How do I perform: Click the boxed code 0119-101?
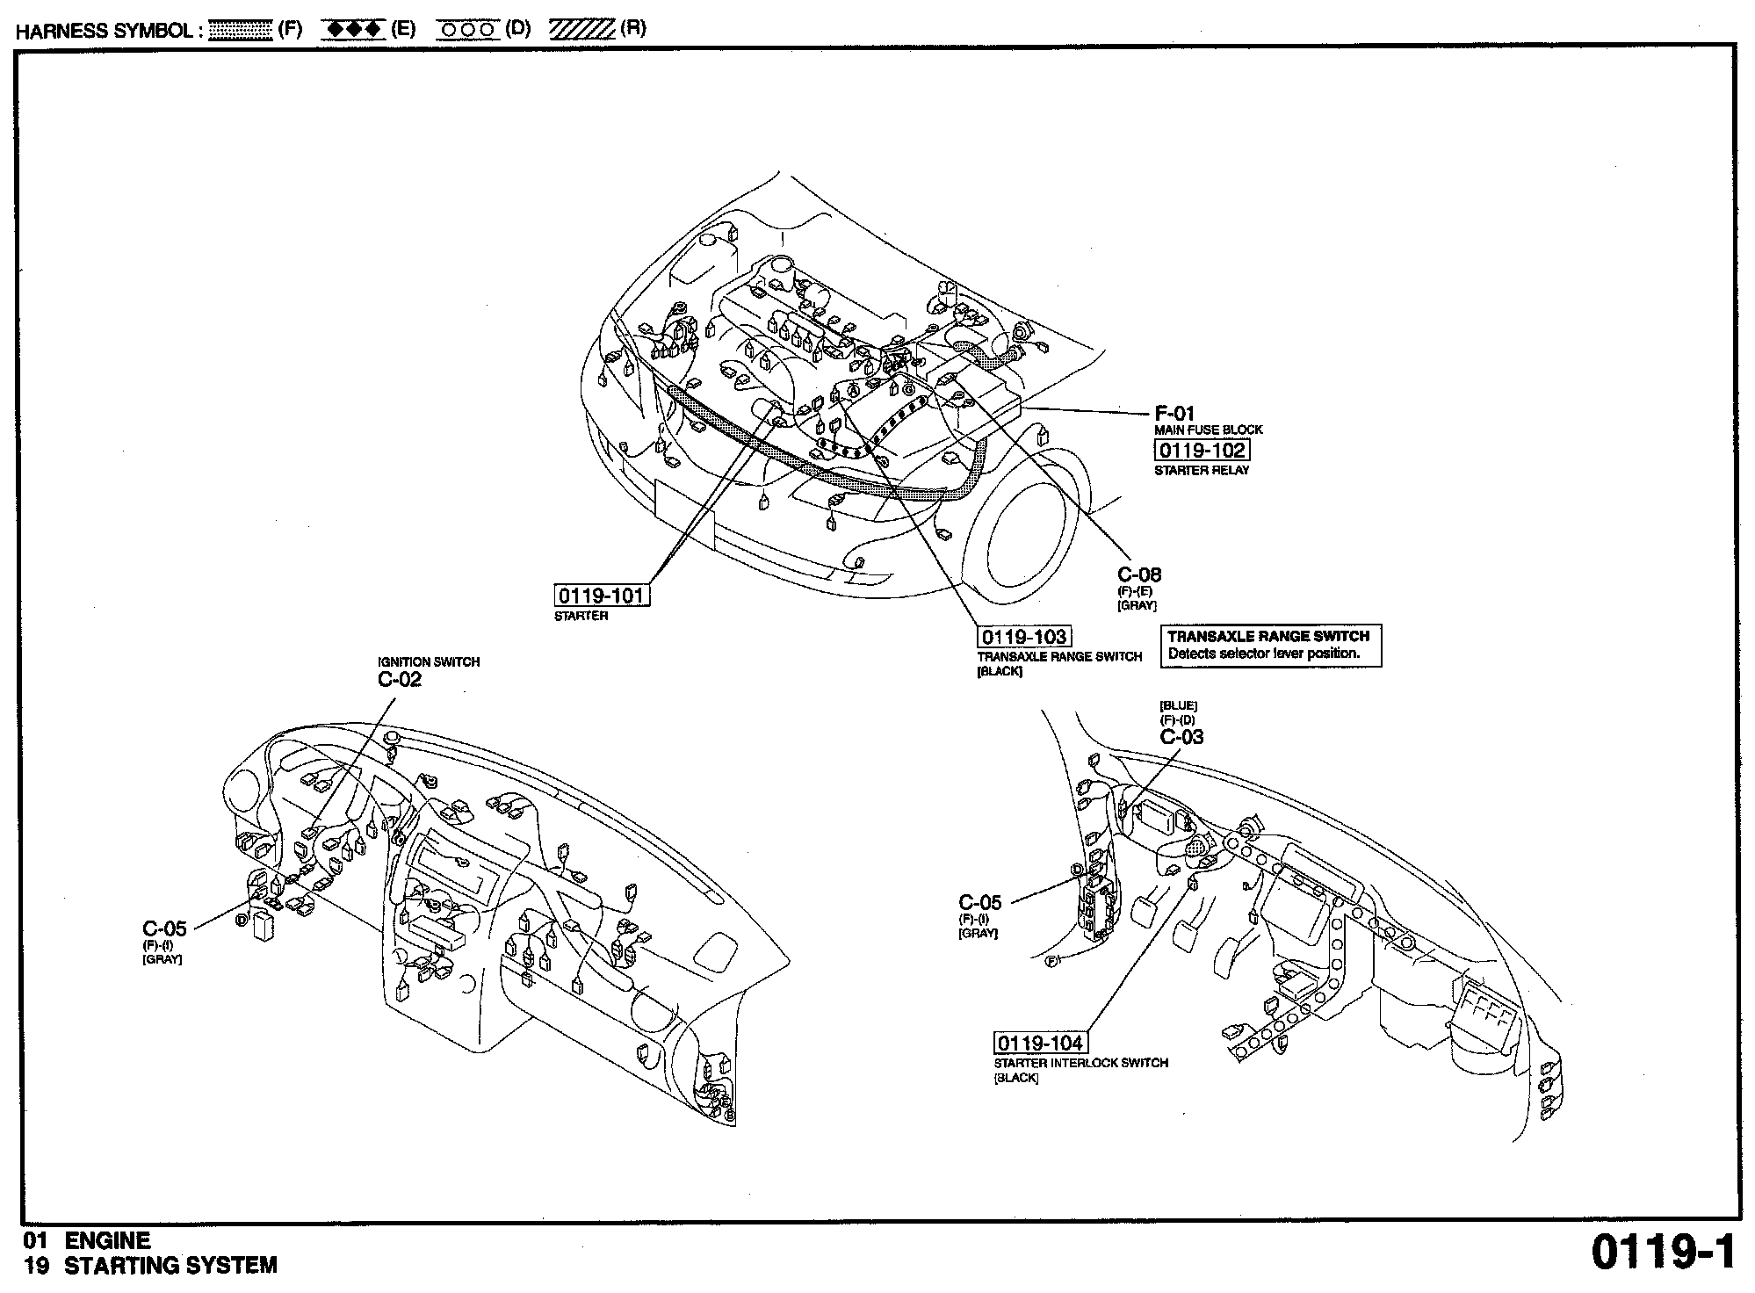(603, 596)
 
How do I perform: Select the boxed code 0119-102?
(1201, 451)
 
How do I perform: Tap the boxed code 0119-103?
(1024, 637)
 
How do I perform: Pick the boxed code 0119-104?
(1040, 1043)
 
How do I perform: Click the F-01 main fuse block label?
(1174, 413)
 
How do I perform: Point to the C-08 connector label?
(1139, 574)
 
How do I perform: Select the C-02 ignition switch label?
(400, 679)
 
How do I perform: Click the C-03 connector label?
(1181, 737)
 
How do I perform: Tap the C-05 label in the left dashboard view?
(164, 928)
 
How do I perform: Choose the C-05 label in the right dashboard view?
(979, 902)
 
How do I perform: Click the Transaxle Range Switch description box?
(1269, 645)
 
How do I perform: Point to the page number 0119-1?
(1663, 1252)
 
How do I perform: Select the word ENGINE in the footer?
(108, 1240)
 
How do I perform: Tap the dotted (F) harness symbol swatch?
(242, 29)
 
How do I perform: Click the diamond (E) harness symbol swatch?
(353, 29)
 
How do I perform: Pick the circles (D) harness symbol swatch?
(470, 29)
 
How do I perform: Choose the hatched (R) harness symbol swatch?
(581, 29)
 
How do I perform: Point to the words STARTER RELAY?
(1202, 470)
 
